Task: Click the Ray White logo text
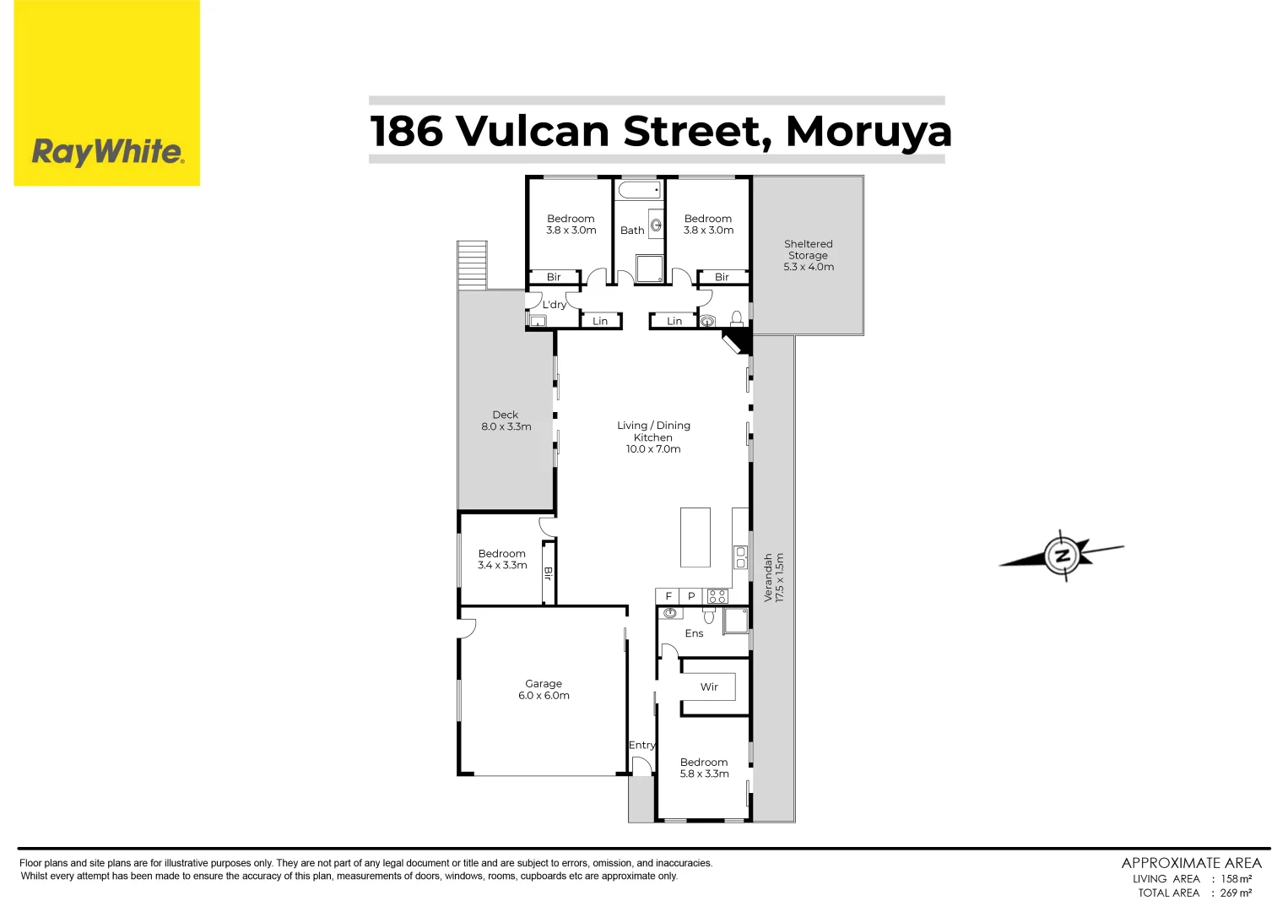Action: (x=107, y=152)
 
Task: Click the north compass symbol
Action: (x=1062, y=555)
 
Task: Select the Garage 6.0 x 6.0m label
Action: (x=544, y=690)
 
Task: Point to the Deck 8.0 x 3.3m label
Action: (x=506, y=421)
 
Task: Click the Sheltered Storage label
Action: (x=808, y=255)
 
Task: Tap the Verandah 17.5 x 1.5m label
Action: (x=773, y=578)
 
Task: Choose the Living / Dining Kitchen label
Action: (x=653, y=437)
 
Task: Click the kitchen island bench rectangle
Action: (x=695, y=537)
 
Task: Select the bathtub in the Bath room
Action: (x=639, y=189)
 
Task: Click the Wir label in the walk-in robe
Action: (x=709, y=687)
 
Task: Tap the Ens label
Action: (x=694, y=633)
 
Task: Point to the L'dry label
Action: (x=554, y=305)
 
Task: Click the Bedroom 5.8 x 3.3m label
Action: (x=704, y=768)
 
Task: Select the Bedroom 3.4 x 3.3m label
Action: (x=502, y=559)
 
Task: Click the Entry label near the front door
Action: (x=641, y=745)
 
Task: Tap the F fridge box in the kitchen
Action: (x=668, y=596)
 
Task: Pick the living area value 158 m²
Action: (x=1236, y=879)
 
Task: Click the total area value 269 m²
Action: (x=1236, y=893)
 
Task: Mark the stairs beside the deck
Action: (x=472, y=265)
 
